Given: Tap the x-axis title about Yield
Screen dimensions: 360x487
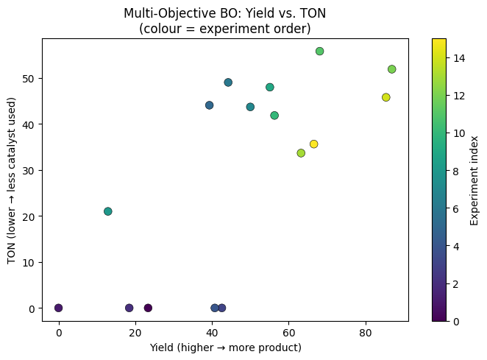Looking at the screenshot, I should point(224,347).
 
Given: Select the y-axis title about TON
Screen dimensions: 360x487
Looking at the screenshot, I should point(13,179).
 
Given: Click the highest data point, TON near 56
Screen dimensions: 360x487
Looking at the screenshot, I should point(319,52).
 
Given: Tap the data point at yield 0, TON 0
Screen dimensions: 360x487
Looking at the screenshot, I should point(59,308).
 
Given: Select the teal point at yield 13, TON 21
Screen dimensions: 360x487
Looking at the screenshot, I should point(108,211).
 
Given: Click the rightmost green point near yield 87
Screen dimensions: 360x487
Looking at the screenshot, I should point(391,69).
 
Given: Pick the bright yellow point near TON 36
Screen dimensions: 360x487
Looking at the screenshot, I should point(313,144).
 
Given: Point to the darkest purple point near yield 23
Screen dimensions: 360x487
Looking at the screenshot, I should point(148,308).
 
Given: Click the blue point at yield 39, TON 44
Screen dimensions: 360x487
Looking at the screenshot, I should point(209,105).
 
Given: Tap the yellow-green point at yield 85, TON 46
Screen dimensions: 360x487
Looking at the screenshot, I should point(385,97).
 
